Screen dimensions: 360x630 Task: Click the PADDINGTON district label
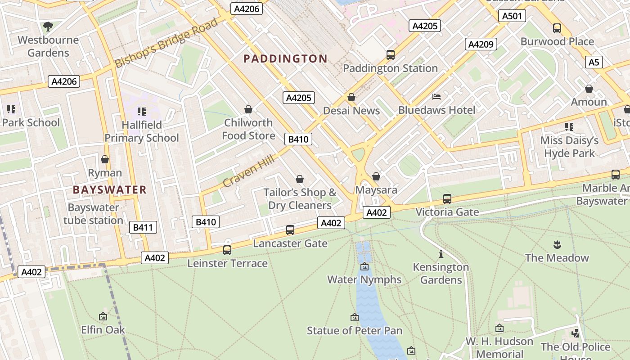[x=285, y=58]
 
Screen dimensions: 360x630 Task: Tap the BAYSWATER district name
[x=110, y=189]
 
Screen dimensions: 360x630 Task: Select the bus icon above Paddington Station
[x=390, y=55]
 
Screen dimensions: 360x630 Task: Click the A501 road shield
[x=512, y=16]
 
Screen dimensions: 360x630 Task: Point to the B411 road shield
[x=143, y=227]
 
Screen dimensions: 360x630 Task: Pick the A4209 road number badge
[x=481, y=44]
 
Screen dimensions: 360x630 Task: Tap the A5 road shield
[x=594, y=62]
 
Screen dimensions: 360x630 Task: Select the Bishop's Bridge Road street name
[x=166, y=43]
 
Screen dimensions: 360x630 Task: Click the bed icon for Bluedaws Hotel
[x=436, y=97]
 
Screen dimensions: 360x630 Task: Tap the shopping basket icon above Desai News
[x=351, y=98]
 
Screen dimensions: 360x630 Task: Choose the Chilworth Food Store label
[x=248, y=129]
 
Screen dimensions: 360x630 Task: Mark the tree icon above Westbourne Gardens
[x=48, y=27]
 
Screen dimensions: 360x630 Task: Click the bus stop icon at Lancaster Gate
[x=290, y=230]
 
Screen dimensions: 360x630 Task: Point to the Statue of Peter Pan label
[x=355, y=331]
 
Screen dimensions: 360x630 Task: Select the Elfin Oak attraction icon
[x=103, y=317]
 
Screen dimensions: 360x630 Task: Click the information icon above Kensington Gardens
[x=441, y=254]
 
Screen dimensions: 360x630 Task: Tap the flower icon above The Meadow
[x=557, y=245]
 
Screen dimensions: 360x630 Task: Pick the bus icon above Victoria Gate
[x=447, y=198]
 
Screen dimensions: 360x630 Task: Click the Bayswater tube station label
[x=93, y=214]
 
